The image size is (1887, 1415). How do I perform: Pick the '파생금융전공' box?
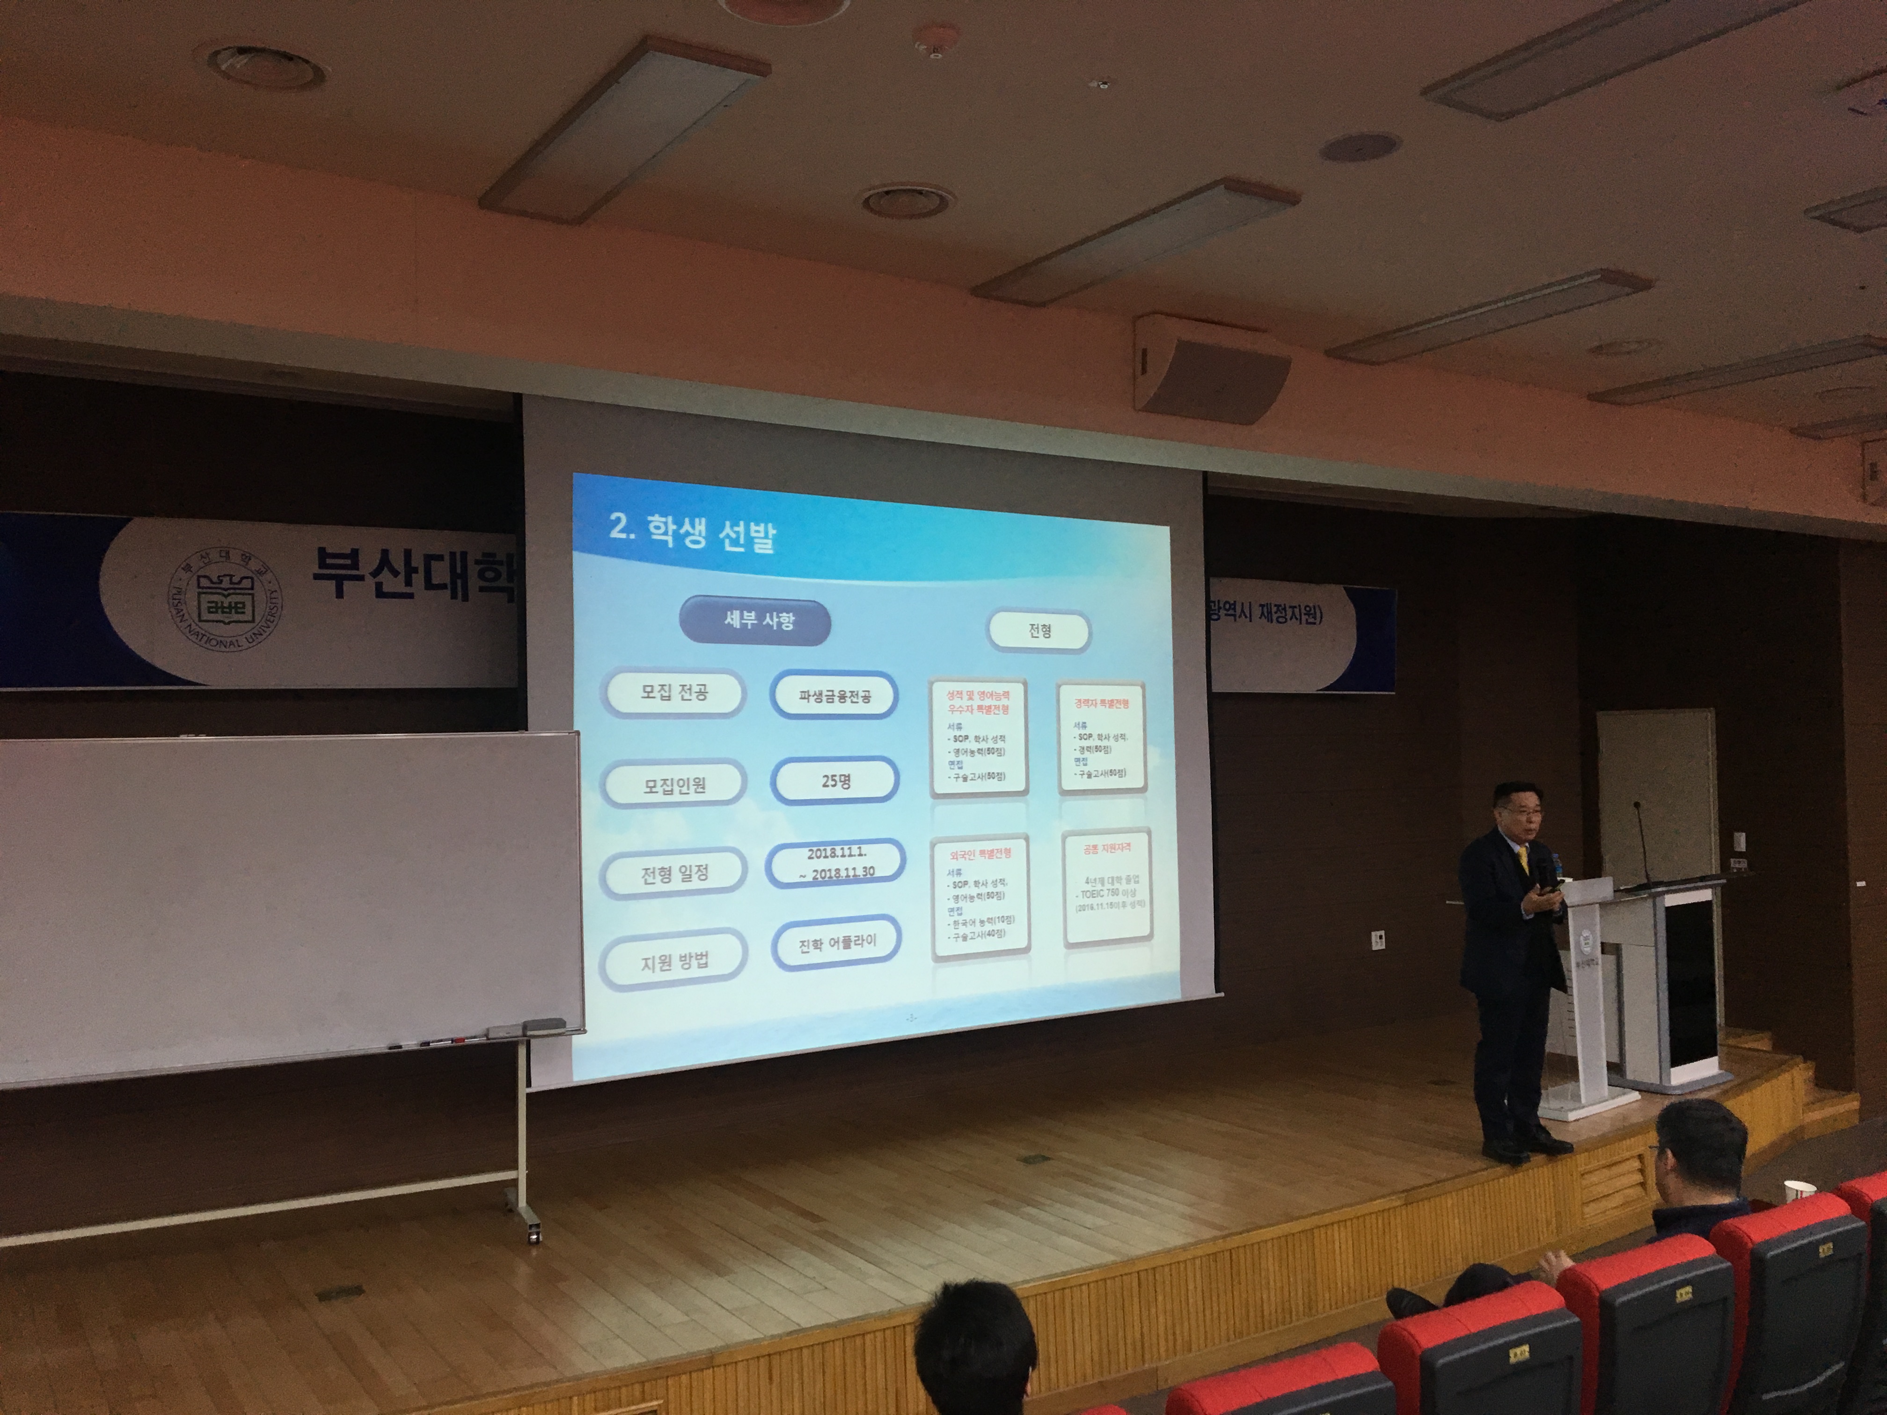pos(834,696)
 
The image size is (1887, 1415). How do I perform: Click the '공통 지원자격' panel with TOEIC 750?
pos(1106,887)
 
